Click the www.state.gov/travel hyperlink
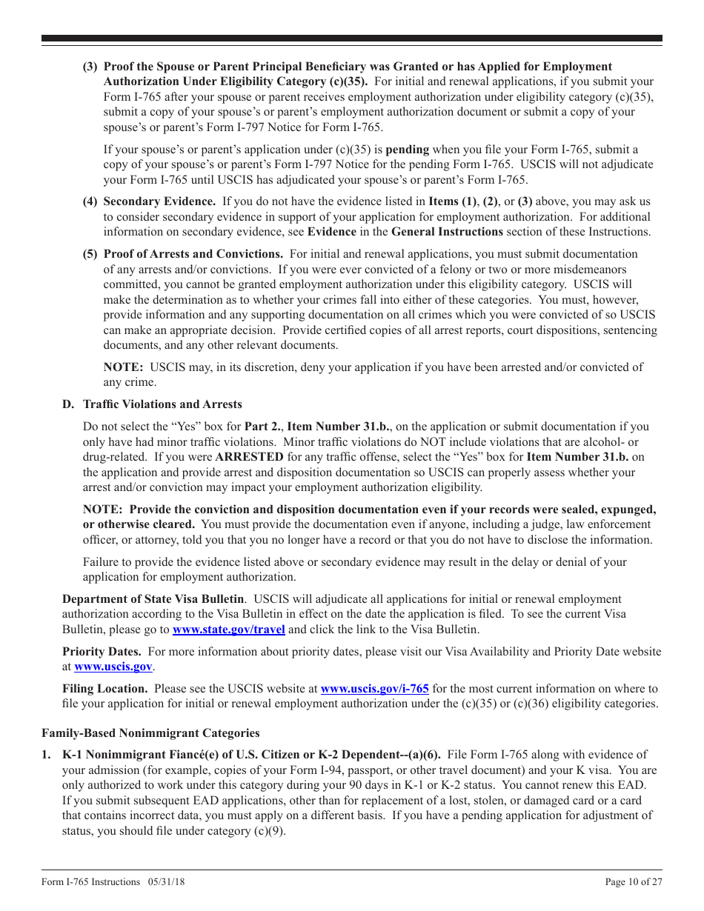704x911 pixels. click(228, 630)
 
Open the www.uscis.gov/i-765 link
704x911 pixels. click(374, 689)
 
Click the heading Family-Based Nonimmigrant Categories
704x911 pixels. click(150, 733)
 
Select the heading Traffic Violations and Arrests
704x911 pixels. click(162, 404)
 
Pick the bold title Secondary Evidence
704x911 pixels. click(159, 201)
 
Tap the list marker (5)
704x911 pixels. click(90, 254)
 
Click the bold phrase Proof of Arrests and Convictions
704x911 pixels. click(193, 254)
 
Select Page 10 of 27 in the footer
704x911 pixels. click(634, 881)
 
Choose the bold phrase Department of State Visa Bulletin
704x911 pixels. click(153, 599)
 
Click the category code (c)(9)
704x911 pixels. click(270, 831)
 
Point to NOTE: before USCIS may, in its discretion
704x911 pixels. click(123, 367)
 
